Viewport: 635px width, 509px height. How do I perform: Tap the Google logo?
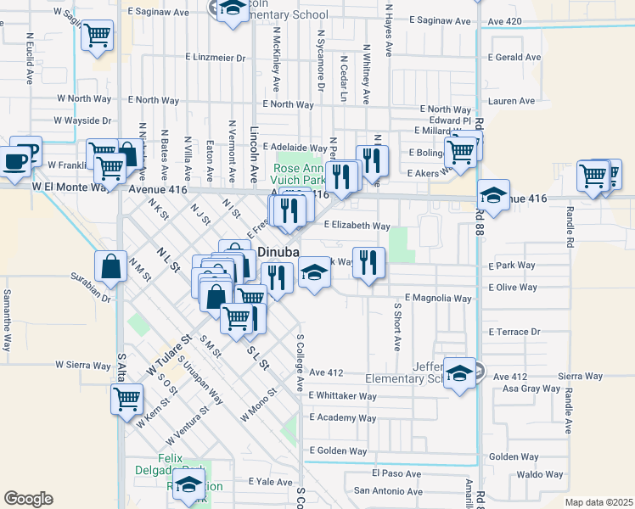(28, 499)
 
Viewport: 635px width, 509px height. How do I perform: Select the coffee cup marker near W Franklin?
(14, 161)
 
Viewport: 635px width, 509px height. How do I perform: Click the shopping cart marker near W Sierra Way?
(126, 397)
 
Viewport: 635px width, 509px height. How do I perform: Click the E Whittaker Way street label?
(343, 396)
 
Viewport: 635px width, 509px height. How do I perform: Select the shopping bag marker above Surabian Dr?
(110, 266)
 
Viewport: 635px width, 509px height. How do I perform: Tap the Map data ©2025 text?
(598, 502)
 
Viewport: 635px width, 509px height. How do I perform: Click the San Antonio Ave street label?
(387, 491)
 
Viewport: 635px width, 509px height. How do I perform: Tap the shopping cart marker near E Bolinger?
(460, 153)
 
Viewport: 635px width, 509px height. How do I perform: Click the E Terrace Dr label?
(514, 332)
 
